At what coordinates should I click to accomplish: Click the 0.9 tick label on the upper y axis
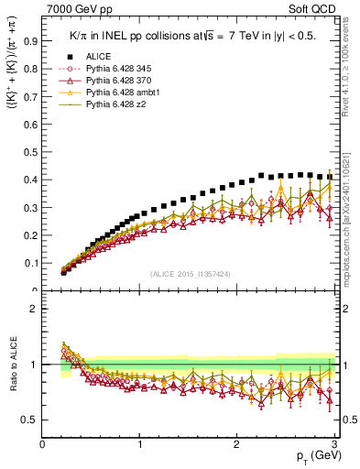point(32,40)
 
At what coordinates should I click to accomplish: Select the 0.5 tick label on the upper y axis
point(32,152)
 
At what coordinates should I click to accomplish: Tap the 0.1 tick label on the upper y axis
point(32,263)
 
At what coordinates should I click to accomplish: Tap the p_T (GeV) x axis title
point(314,457)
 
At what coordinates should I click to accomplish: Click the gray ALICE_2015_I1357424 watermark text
point(191,274)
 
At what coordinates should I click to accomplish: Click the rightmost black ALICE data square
point(330,177)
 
